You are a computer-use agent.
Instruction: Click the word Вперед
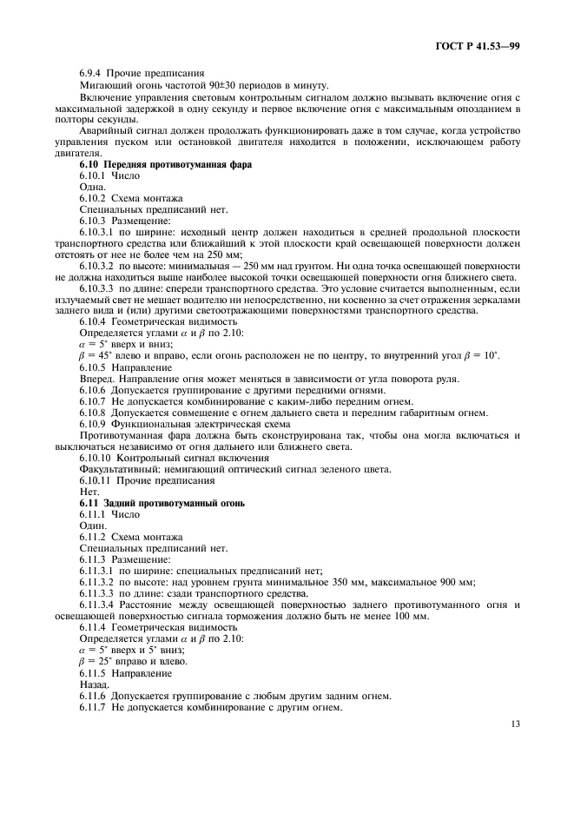[98, 379]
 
